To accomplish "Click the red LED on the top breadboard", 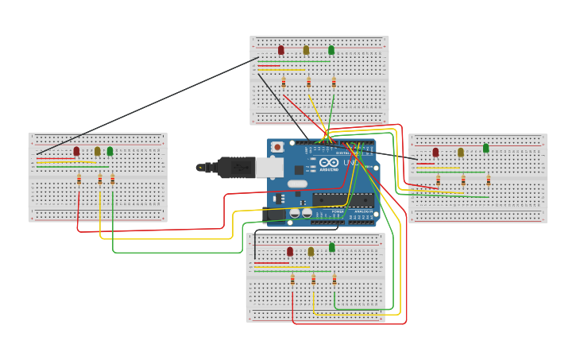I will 281,50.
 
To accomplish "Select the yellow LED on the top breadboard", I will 306,50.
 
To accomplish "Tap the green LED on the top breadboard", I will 331,50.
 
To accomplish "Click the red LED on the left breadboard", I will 76,151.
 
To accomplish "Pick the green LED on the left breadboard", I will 110,151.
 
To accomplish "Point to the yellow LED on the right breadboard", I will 461,152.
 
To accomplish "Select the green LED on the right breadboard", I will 485,149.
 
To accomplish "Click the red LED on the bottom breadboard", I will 290,252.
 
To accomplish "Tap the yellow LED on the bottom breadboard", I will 311,252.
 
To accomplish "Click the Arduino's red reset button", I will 277,147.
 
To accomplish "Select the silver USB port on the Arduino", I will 269,167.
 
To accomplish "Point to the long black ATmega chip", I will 342,200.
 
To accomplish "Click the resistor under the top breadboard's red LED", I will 284,82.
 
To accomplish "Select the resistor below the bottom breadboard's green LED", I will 334,280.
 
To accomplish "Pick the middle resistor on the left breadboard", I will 100,179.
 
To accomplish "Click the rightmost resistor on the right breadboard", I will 489,180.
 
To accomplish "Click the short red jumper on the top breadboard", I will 269,66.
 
